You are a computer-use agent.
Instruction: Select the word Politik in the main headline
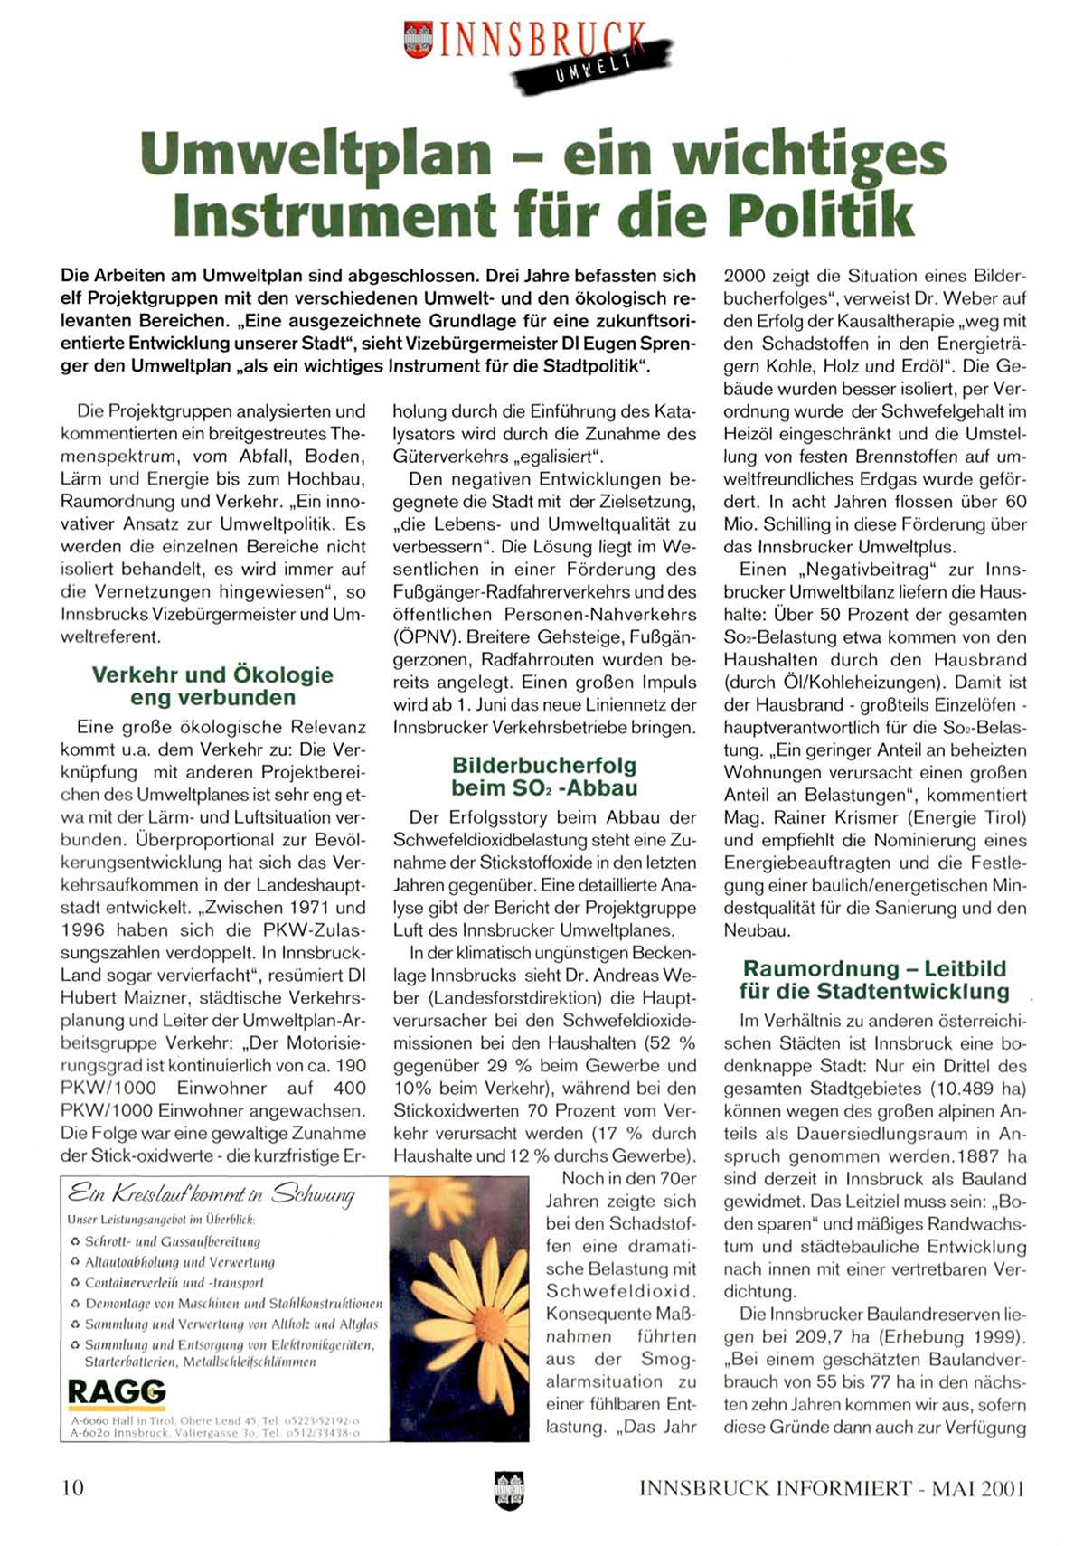(x=819, y=214)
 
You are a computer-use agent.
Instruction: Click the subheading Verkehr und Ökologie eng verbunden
(x=212, y=686)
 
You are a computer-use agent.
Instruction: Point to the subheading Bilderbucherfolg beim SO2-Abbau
(x=544, y=777)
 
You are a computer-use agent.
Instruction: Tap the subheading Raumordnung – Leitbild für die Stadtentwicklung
(x=873, y=980)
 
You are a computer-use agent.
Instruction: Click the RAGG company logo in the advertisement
(x=117, y=1391)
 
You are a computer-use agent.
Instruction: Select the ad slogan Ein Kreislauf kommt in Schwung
(x=212, y=1194)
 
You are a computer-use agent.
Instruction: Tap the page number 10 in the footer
(x=72, y=1487)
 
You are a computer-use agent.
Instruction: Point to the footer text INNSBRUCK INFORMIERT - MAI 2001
(x=832, y=1488)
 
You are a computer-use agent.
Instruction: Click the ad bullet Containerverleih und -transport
(x=174, y=1282)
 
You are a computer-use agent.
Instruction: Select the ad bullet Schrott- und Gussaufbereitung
(x=172, y=1241)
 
